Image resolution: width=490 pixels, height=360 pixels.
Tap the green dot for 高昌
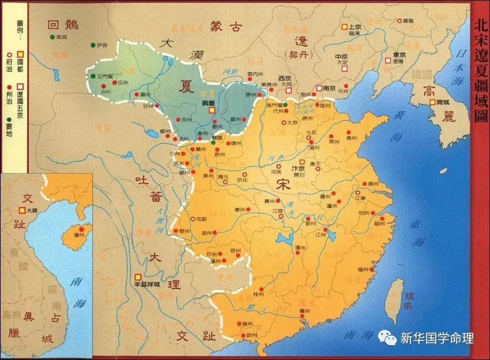click(x=53, y=37)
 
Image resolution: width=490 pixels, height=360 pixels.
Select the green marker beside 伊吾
click(x=93, y=45)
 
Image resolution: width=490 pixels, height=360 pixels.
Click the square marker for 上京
click(x=344, y=27)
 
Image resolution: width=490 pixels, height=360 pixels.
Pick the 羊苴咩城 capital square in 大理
click(x=139, y=276)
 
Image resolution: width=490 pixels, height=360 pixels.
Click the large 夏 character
click(x=186, y=86)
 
